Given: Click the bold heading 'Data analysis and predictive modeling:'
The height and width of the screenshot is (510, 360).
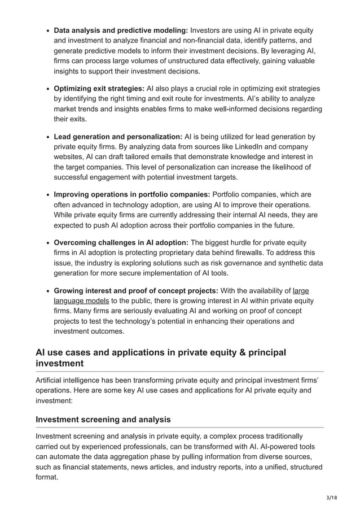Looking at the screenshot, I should tap(121, 30).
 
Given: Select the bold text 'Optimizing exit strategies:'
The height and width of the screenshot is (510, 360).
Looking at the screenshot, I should tap(99, 89).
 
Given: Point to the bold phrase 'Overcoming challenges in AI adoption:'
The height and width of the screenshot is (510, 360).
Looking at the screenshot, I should tap(121, 243).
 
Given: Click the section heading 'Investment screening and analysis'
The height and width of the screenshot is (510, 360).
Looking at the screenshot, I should tap(103, 420).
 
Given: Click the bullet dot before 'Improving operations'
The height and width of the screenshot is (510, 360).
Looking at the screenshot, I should tap(47, 195).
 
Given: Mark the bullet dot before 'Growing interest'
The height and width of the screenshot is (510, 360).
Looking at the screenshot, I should tap(47, 291).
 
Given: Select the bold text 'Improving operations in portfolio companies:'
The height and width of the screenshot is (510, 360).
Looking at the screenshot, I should tap(131, 195).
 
